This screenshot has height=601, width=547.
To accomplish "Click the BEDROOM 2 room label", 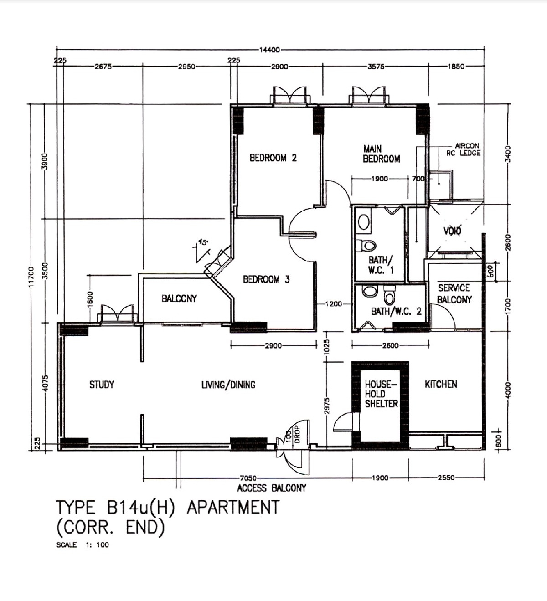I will (x=273, y=158).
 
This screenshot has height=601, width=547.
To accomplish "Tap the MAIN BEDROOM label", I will (x=381, y=154).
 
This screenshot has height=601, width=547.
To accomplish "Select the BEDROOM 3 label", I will (x=266, y=279).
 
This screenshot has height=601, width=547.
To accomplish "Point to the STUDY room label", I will (x=102, y=385).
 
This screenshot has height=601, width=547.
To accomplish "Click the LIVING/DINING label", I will (x=228, y=385).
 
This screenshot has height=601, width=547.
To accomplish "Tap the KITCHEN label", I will (x=440, y=384).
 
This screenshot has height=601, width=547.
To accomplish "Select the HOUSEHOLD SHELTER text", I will (x=381, y=394).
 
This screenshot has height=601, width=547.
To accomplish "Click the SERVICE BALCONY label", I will (x=454, y=294).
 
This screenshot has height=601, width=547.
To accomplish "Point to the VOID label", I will (x=452, y=231).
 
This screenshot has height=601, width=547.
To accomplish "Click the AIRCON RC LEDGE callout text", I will (x=464, y=149).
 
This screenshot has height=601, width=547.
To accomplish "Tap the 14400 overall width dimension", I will (x=269, y=50).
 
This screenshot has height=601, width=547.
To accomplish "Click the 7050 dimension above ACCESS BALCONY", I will (x=248, y=478).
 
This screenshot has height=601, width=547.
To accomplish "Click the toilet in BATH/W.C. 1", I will (x=366, y=246).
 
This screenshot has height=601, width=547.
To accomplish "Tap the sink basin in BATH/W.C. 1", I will (x=363, y=222).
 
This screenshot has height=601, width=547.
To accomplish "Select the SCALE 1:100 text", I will (x=83, y=545).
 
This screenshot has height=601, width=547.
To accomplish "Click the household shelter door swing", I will (x=343, y=421).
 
